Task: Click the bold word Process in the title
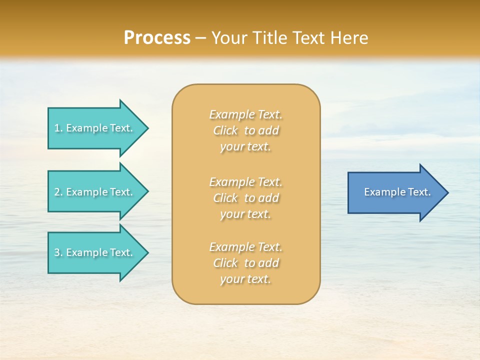157,38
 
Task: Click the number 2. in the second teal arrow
58,192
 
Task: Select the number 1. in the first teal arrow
58,128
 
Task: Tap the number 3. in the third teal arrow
58,252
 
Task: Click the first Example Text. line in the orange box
245,115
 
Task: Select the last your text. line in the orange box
245,279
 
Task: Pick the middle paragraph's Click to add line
245,198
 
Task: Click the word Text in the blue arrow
419,192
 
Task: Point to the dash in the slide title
201,38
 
